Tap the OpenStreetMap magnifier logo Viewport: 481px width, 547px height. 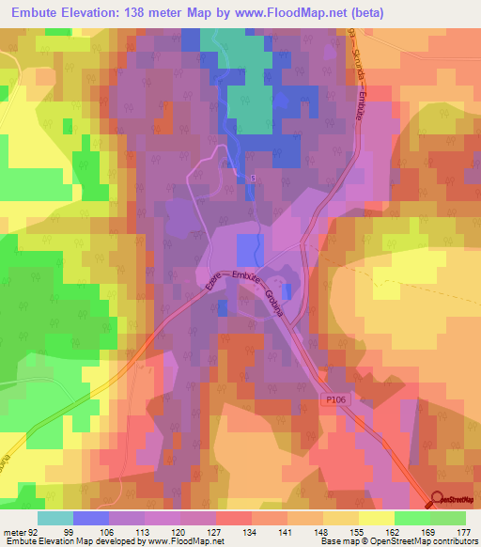pos(436,501)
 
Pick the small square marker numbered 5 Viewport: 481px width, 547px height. pos(253,176)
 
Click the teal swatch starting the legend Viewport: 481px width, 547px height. pos(54,518)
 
